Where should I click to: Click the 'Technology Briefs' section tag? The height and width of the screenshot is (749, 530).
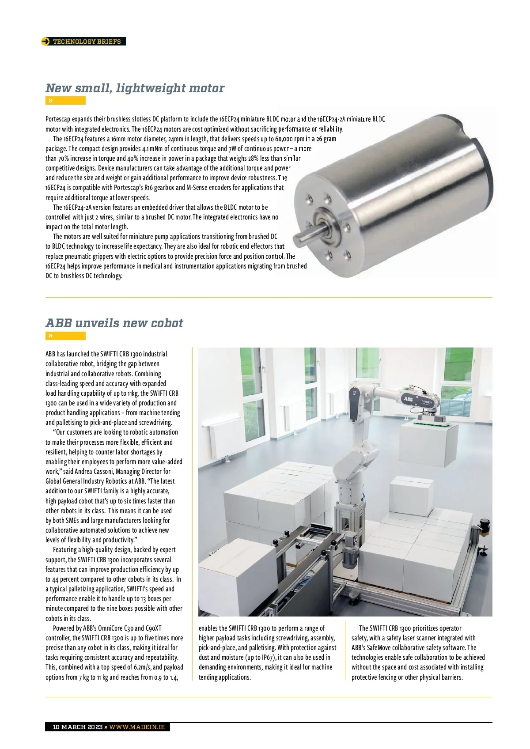tap(87, 42)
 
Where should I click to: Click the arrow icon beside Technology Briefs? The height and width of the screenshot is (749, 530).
tap(45, 42)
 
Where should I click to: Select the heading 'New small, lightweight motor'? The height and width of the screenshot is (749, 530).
tap(135, 88)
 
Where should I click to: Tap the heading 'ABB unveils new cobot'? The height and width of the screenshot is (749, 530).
tap(114, 323)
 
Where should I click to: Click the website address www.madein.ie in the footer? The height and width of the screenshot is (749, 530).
tap(137, 727)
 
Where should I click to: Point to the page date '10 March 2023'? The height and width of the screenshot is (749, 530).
tap(77, 727)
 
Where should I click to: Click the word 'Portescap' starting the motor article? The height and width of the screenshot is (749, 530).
tap(58, 119)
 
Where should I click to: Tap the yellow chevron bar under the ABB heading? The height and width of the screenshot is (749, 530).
tap(65, 336)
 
